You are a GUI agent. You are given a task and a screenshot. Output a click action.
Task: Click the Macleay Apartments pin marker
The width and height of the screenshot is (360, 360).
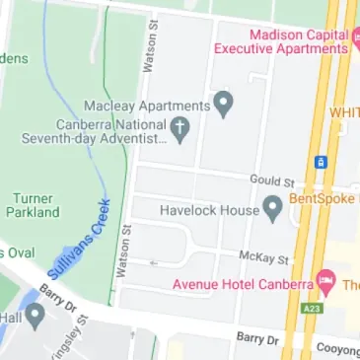(x=224, y=103)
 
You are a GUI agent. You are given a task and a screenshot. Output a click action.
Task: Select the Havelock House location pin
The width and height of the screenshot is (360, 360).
(x=273, y=208)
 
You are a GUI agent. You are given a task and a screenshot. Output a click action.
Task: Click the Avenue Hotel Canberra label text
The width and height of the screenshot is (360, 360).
(x=242, y=284)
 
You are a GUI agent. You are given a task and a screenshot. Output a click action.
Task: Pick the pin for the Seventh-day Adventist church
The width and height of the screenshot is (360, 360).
(x=180, y=127)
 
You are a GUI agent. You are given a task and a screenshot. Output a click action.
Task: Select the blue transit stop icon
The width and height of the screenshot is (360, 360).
(x=321, y=161)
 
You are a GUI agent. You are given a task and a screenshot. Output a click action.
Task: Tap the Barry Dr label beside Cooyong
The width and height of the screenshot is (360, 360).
(x=257, y=338)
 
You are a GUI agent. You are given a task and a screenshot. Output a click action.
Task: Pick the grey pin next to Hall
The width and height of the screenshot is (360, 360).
(x=35, y=317)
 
